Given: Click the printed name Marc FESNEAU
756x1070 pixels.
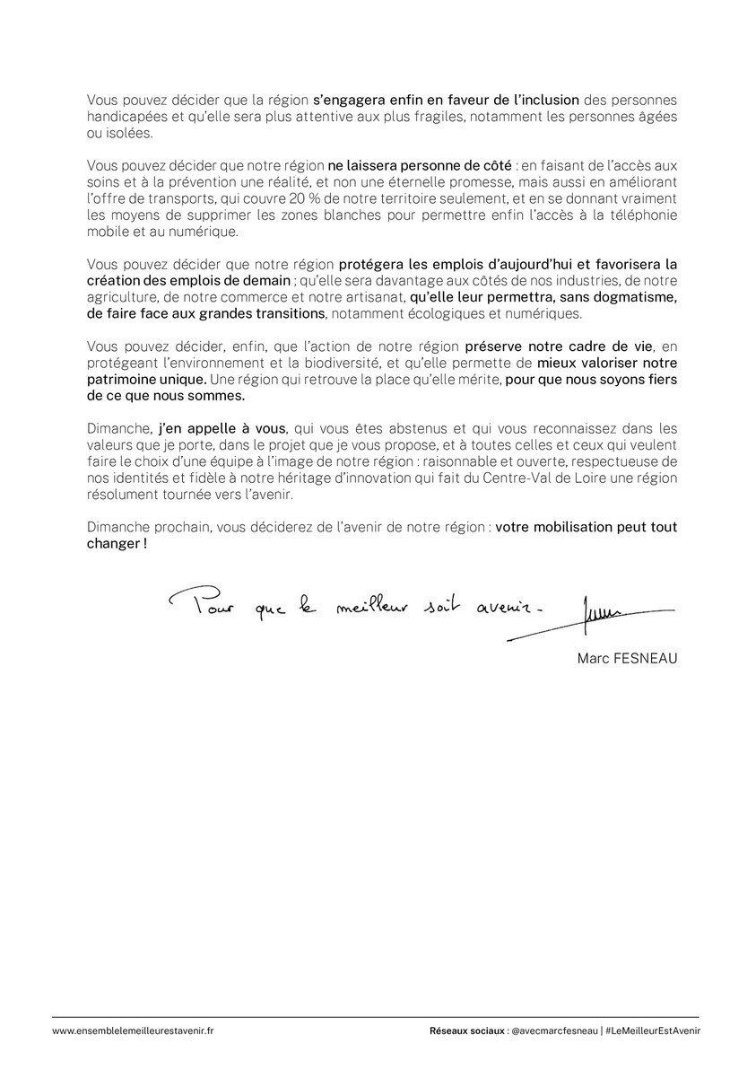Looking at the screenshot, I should coord(628,658).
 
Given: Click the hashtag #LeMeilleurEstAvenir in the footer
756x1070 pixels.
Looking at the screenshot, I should coord(653,1031).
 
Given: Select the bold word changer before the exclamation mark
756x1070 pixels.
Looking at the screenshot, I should coord(112,544).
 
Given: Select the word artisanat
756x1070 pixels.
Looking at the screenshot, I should coord(374,296).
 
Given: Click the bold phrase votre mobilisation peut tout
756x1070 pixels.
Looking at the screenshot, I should coord(586,528).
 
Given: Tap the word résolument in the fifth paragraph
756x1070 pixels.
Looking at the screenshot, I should coord(125,495).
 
